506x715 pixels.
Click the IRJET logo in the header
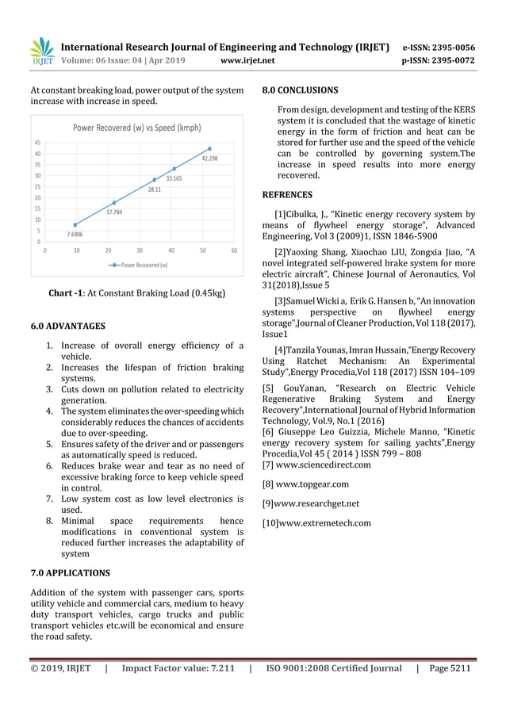pyautogui.click(x=41, y=52)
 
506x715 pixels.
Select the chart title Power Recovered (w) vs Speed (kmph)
pyautogui.click(x=137, y=127)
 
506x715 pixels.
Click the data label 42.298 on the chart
pyautogui.click(x=209, y=159)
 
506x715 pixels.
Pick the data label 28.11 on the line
pyautogui.click(x=154, y=190)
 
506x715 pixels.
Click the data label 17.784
pyautogui.click(x=113, y=212)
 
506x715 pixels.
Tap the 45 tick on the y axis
pyautogui.click(x=37, y=143)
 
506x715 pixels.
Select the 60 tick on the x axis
pyautogui.click(x=234, y=250)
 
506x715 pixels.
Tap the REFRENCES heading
pyautogui.click(x=287, y=194)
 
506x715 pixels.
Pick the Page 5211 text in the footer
pyautogui.click(x=450, y=668)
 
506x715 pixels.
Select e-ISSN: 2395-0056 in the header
pyautogui.click(x=439, y=47)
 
